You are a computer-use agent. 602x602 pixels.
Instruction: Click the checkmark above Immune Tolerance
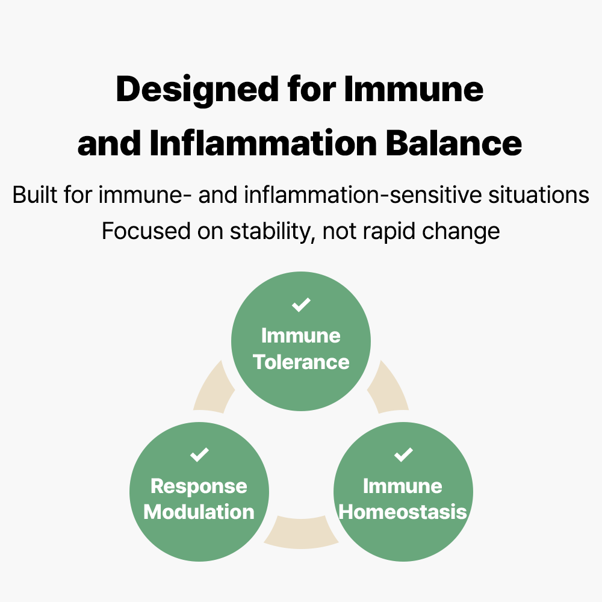(x=301, y=305)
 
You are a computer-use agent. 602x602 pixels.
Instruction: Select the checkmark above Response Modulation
(x=199, y=455)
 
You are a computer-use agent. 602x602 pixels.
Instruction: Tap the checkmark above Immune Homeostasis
(x=403, y=455)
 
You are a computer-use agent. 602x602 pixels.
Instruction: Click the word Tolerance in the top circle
(x=301, y=362)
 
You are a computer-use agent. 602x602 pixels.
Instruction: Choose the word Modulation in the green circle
(x=199, y=512)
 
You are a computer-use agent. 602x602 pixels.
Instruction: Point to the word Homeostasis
(x=403, y=512)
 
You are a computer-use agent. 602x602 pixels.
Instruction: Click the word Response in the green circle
(x=199, y=486)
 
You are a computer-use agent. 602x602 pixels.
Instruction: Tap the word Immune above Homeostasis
(x=403, y=486)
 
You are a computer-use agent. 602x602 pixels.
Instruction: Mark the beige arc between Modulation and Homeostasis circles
(x=301, y=533)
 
